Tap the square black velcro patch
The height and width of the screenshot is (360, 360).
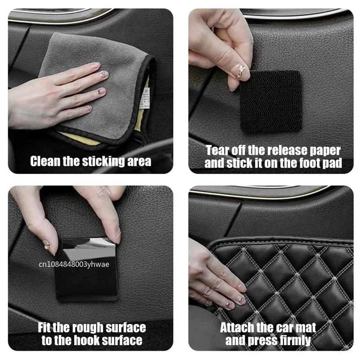270,101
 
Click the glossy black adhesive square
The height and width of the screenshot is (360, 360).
85,270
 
